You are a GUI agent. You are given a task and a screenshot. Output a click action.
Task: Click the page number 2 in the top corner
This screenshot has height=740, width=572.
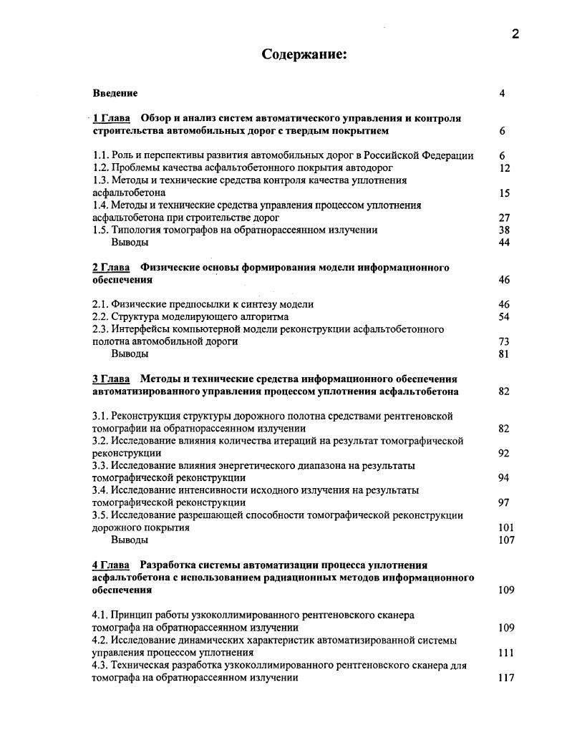(x=515, y=34)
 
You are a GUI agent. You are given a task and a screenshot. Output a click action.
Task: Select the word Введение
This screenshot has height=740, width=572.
(x=115, y=93)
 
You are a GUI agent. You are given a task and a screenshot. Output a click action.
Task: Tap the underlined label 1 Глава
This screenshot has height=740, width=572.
(x=110, y=118)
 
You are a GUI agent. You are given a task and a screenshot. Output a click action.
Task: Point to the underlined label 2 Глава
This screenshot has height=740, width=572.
(x=111, y=268)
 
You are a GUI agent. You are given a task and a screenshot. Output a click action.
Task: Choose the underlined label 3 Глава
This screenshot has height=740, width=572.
(x=111, y=379)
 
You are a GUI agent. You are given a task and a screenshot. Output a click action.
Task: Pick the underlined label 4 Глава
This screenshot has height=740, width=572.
(x=110, y=565)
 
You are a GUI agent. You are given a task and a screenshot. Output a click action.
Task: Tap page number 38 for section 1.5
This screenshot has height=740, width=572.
(x=504, y=230)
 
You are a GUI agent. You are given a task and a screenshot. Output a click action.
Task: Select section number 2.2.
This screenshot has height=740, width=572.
(x=100, y=316)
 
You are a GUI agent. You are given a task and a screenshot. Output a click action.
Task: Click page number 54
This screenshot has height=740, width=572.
(x=504, y=316)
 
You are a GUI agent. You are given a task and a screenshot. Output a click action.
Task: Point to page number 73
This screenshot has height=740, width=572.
(x=504, y=342)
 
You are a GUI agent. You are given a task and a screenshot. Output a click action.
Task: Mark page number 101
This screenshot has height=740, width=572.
(x=505, y=528)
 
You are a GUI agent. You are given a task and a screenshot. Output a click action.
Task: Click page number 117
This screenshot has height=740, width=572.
(x=506, y=678)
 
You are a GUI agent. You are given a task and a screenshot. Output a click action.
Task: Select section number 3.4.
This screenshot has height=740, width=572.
(x=100, y=490)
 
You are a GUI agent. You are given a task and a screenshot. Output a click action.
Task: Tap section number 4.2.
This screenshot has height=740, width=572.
(x=100, y=641)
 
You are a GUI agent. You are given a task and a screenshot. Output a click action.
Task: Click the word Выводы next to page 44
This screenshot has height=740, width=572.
(x=130, y=243)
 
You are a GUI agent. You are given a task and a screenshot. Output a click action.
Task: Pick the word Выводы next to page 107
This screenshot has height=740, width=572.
(x=130, y=540)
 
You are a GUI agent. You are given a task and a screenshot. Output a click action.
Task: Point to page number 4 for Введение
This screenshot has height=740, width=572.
(x=503, y=93)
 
